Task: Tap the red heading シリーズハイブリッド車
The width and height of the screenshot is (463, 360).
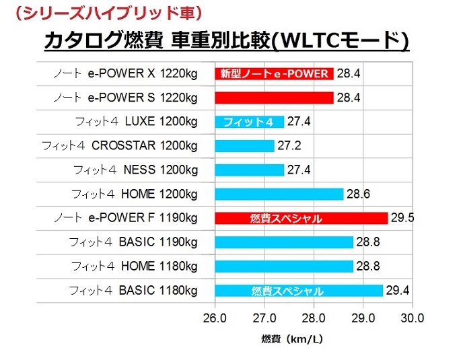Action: pyautogui.click(x=108, y=12)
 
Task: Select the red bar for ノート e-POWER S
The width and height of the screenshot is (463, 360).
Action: pyautogui.click(x=274, y=98)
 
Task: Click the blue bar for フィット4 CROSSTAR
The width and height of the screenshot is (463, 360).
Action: pyautogui.click(x=244, y=146)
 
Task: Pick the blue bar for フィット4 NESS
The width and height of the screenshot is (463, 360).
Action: pyautogui.click(x=249, y=170)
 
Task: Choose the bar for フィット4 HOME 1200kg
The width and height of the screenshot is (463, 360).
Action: pyautogui.click(x=279, y=194)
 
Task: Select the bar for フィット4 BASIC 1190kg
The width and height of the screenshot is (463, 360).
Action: pyautogui.click(x=283, y=242)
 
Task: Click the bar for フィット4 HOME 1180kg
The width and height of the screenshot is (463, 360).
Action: pyautogui.click(x=283, y=266)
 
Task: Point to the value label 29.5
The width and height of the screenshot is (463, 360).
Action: pyautogui.click(x=403, y=218)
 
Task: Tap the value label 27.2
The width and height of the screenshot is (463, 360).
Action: pyautogui.click(x=289, y=146)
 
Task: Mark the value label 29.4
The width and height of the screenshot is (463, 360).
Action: pyautogui.click(x=398, y=291)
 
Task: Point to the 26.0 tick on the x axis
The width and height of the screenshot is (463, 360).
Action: pyautogui.click(x=215, y=317)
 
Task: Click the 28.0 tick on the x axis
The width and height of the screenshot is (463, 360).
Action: pyautogui.click(x=314, y=317)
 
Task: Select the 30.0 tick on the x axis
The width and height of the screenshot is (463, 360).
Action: pyautogui.click(x=412, y=317)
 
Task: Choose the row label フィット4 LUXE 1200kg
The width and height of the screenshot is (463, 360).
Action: pyautogui.click(x=134, y=122)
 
